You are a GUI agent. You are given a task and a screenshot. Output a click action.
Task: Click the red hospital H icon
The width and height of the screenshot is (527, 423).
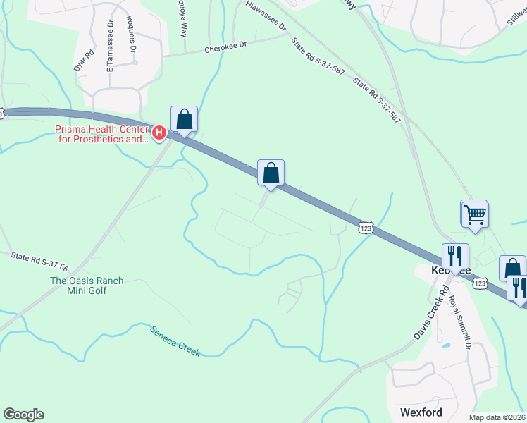[x=159, y=132]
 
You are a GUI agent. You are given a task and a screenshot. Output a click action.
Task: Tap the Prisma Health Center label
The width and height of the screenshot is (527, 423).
[x=102, y=134]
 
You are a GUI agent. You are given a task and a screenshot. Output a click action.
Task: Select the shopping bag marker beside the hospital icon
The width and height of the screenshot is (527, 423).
[x=184, y=119]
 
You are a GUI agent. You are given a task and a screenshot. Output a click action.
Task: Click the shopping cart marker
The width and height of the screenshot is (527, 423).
[x=475, y=214]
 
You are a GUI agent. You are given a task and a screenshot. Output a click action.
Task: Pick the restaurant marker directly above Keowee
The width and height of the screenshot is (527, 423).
[x=454, y=256]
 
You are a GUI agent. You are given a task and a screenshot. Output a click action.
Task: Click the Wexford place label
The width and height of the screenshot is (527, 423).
[x=421, y=412]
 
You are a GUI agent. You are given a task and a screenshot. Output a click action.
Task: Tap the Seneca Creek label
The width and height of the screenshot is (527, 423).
[x=175, y=341]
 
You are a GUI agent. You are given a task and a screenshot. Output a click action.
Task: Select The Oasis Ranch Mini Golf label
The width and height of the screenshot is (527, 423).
[x=87, y=286]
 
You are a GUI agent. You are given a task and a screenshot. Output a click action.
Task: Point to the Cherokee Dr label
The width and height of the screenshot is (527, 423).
[x=226, y=49]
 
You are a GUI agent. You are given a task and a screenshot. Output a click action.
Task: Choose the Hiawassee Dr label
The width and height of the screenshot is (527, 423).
[x=268, y=16]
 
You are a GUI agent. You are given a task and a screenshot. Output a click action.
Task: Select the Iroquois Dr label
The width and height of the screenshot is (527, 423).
[x=132, y=35]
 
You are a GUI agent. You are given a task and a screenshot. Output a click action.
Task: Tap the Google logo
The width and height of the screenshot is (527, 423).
[x=23, y=415]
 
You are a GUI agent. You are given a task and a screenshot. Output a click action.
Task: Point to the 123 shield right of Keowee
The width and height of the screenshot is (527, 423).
[x=480, y=283]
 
